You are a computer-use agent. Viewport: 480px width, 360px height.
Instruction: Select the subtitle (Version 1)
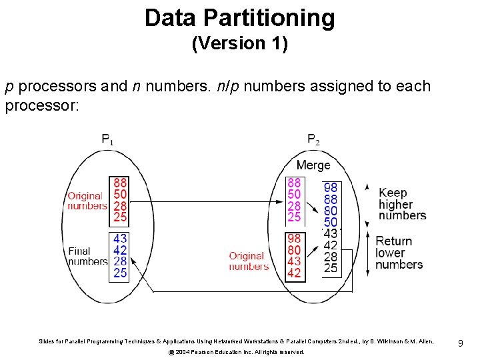coord(239,44)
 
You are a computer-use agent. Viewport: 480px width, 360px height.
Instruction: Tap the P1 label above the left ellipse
coord(107,140)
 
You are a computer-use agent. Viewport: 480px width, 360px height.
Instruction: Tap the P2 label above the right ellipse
coord(313,140)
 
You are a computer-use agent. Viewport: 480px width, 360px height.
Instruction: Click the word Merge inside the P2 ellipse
coord(313,165)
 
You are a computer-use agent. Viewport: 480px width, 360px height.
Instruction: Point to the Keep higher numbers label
coord(402,204)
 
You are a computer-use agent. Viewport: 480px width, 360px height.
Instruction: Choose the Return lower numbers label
coord(399,253)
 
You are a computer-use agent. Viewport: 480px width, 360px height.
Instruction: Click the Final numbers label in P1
coord(87,256)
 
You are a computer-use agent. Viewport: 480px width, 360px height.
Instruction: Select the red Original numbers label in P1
coord(87,201)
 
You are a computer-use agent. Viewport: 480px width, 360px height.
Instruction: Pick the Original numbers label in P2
coord(248,261)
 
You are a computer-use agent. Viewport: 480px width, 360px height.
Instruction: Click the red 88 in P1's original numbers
coord(121,183)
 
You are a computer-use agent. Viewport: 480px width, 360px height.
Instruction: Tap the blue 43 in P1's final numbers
coord(121,239)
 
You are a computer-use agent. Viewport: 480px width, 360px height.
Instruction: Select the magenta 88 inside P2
coord(294,183)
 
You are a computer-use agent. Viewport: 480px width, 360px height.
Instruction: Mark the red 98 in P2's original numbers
coord(294,239)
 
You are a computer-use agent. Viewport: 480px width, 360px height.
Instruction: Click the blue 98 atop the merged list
coord(331,188)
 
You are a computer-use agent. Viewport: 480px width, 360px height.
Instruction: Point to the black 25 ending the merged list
coord(331,268)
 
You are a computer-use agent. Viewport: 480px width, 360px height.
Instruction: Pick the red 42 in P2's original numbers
coord(294,273)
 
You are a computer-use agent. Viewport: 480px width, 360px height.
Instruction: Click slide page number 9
coord(461,343)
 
